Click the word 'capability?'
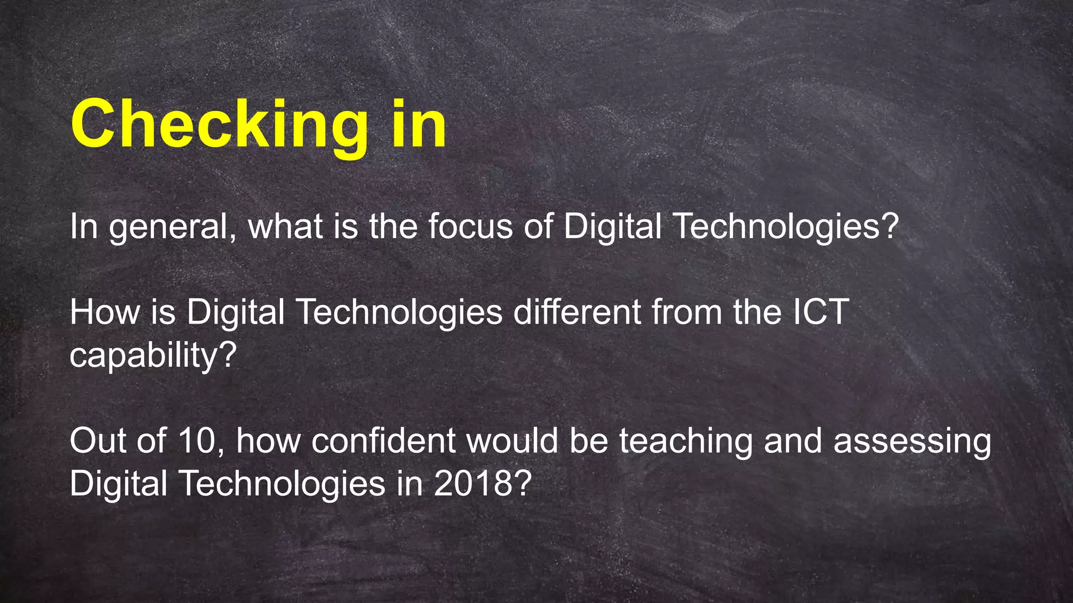(x=153, y=356)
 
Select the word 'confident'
(x=383, y=441)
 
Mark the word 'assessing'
(x=912, y=441)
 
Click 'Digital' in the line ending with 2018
(x=118, y=484)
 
